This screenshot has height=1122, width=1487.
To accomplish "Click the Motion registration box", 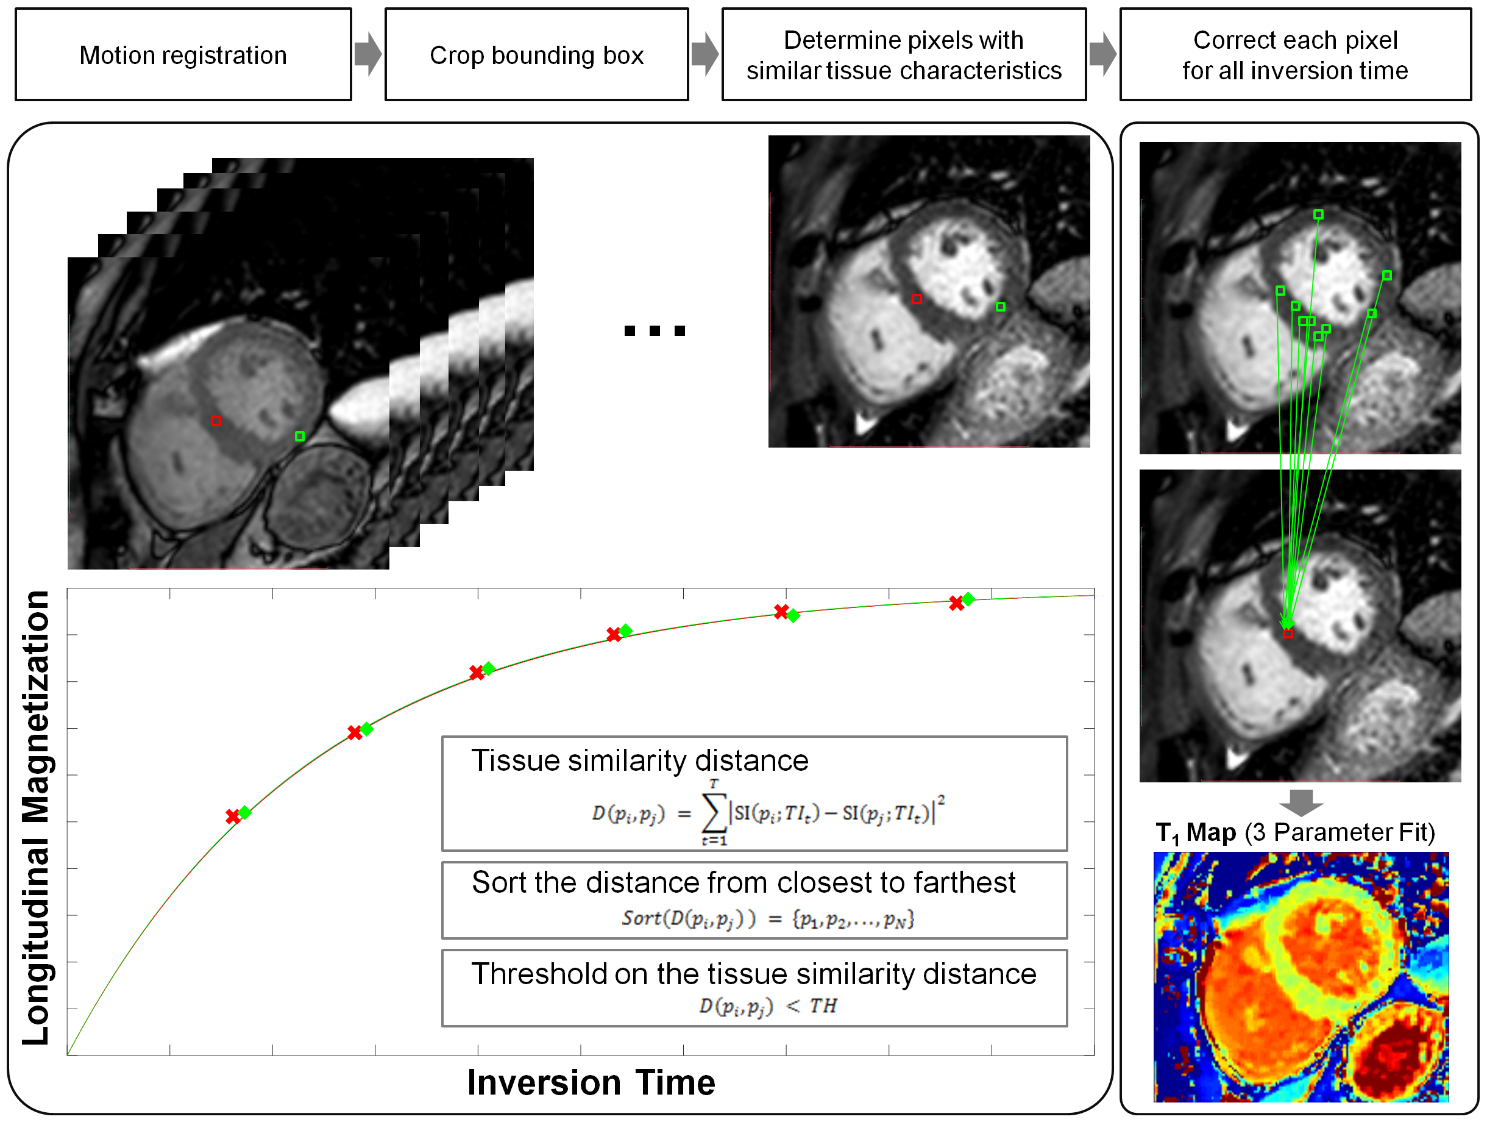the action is [183, 54].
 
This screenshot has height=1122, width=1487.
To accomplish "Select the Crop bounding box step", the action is [536, 54].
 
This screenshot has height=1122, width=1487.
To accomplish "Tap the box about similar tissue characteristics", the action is [904, 54].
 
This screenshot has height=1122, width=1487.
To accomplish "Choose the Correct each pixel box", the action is [1295, 54].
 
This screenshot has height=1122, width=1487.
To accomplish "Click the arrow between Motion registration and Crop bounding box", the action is [367, 54].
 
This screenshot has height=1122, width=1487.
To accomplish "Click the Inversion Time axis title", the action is [591, 1082].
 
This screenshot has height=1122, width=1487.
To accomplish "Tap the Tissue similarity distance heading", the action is [639, 761].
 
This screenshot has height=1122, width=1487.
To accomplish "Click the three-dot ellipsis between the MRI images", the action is [654, 331].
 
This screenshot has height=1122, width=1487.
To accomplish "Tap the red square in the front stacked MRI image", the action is [216, 421].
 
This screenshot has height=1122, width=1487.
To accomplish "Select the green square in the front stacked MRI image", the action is [300, 437].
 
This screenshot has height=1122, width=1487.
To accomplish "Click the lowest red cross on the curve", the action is [233, 816].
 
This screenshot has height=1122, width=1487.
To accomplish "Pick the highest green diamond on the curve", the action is [968, 599].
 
